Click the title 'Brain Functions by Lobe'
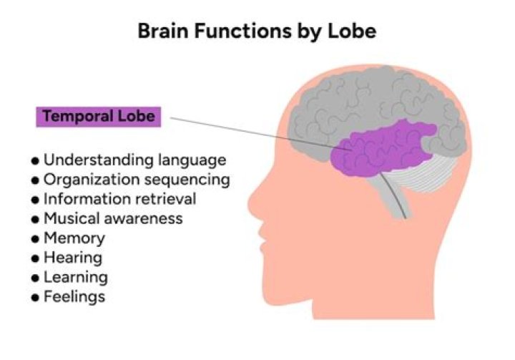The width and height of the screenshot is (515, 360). tap(257, 31)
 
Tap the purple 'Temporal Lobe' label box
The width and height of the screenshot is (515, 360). tap(98, 116)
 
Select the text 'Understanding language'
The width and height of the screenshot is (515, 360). tap(134, 160)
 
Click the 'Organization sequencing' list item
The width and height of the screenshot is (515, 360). tap(137, 179)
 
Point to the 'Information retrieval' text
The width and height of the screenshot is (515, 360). tap(119, 198)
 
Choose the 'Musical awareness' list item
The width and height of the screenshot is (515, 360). tap(113, 218)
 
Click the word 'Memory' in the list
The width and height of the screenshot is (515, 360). tap(74, 238)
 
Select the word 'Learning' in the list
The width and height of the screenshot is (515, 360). tap(76, 277)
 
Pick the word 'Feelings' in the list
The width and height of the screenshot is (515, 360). tap(74, 296)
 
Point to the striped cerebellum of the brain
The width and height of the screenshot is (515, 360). tap(429, 175)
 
